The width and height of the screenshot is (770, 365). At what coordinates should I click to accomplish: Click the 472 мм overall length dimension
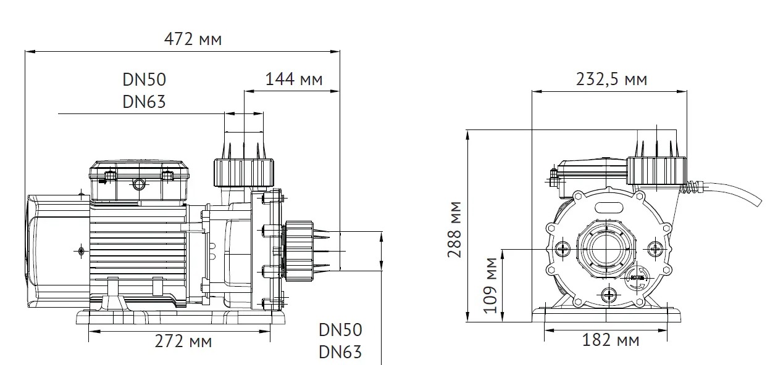[x=193, y=39]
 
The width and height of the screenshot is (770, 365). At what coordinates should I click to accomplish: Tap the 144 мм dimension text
[x=294, y=80]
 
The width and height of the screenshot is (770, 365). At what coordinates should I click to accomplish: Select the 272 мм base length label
[x=183, y=342]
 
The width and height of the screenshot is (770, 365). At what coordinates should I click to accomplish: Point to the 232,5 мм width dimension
[x=611, y=80]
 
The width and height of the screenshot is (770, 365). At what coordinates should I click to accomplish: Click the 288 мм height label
[x=454, y=229]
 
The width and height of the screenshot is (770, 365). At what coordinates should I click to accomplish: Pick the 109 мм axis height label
[x=490, y=285]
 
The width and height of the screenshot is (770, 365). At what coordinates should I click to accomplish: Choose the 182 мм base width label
[x=611, y=340]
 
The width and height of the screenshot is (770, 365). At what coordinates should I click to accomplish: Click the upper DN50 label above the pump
[x=144, y=80]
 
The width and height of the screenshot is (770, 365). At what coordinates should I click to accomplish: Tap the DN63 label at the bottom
[x=340, y=352]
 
